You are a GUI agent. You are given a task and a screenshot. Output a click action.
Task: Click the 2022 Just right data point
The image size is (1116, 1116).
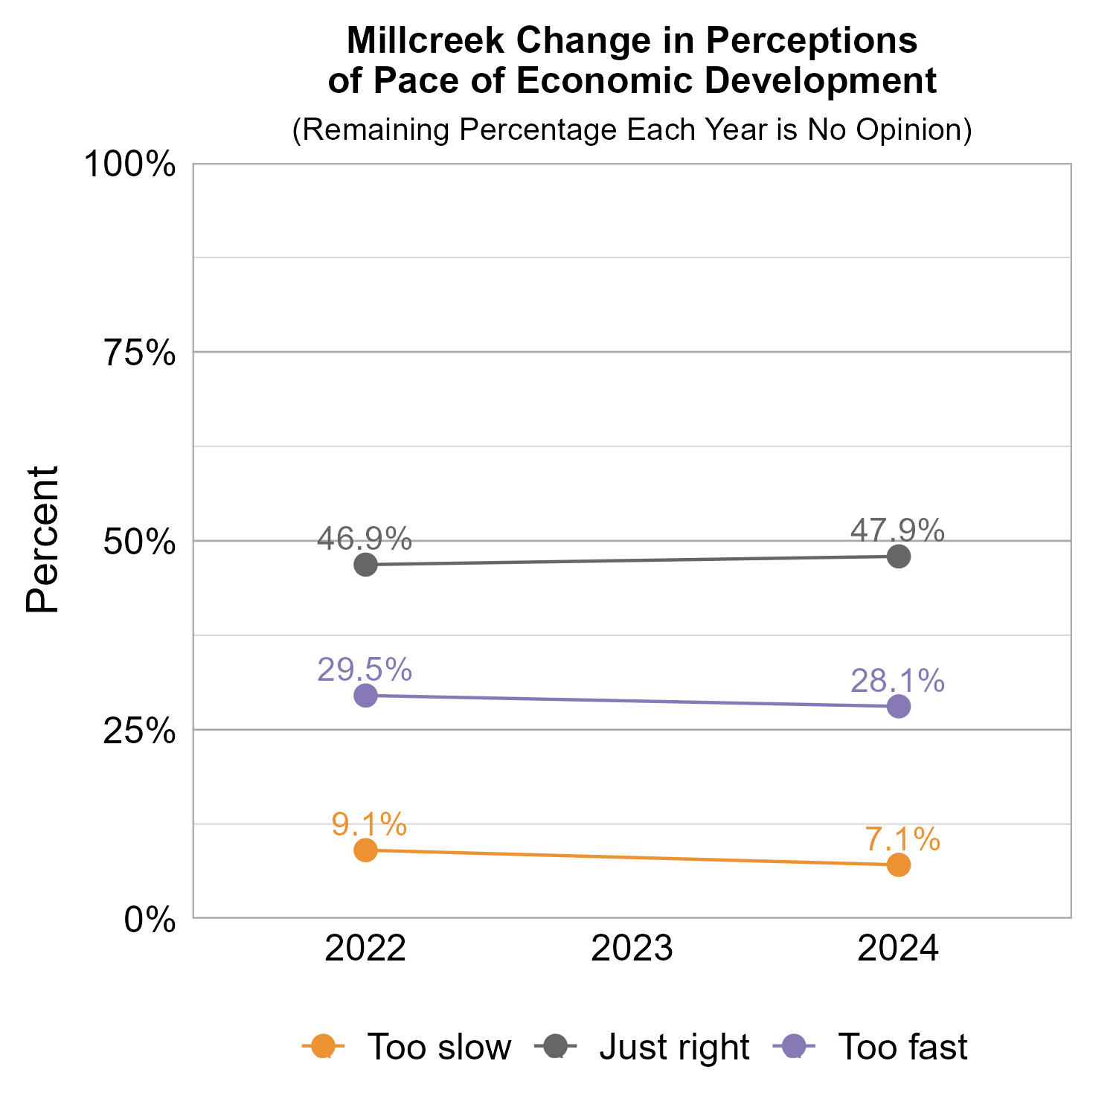coord(365,565)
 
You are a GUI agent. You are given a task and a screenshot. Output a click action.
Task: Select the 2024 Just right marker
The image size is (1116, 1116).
coord(899,557)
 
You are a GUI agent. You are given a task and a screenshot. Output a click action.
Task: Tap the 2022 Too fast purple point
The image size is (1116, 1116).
coord(365,696)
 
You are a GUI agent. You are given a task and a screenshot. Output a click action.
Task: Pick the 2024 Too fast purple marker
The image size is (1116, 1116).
coord(899,707)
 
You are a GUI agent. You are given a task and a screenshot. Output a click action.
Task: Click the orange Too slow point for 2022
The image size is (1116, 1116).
coord(365,850)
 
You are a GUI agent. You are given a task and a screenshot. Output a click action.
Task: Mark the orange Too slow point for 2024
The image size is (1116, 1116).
coord(899,865)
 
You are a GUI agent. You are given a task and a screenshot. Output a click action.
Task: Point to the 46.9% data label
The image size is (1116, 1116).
coord(365,538)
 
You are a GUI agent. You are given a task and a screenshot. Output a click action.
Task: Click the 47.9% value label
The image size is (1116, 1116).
coord(897,530)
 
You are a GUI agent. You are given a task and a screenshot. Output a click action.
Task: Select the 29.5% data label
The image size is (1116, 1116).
coord(365,670)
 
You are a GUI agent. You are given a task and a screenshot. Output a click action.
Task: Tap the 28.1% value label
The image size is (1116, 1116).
coord(897,681)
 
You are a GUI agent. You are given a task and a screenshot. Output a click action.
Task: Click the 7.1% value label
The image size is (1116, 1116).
coord(902,839)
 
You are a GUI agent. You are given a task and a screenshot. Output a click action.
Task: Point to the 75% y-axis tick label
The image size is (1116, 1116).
coord(139,353)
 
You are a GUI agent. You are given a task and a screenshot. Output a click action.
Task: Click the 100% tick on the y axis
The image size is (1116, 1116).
coord(130,164)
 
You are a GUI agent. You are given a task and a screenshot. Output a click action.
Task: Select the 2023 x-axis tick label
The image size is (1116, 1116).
coord(632,950)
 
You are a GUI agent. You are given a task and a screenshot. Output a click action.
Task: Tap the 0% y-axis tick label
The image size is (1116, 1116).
coord(150,920)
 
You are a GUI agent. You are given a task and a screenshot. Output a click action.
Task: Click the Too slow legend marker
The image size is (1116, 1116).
coord(323,1046)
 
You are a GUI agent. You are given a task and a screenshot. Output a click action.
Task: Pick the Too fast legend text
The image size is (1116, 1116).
coord(902,1047)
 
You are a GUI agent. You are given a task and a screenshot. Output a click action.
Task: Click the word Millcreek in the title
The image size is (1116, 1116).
coord(426,42)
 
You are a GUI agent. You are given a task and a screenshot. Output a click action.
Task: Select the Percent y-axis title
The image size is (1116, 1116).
coord(42,539)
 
